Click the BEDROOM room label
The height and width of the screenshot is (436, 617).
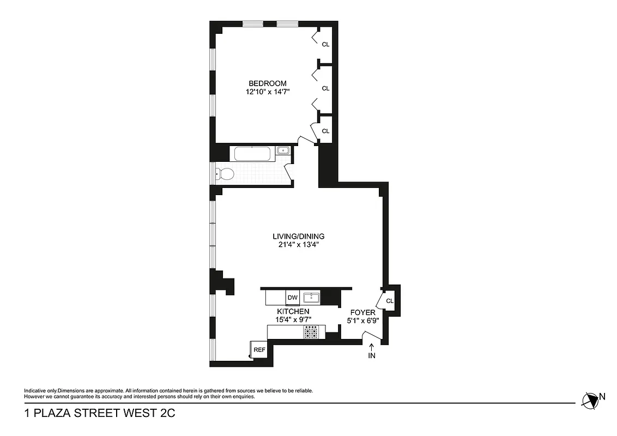[x=267, y=83]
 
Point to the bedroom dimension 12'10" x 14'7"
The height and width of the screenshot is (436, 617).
[x=267, y=92]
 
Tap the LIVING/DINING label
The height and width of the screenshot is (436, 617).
[x=299, y=237]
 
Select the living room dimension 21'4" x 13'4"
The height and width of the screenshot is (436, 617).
[x=299, y=245]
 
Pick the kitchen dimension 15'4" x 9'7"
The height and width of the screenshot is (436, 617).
[x=294, y=320]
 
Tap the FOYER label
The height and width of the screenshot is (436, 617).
[x=362, y=313]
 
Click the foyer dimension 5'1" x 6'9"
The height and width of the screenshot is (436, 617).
[x=362, y=321]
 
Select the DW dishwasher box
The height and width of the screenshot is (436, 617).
[x=293, y=298]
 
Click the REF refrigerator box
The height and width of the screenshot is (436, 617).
[x=259, y=350]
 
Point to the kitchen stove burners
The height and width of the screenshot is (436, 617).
[x=311, y=332]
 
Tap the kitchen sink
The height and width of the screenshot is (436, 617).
[x=312, y=298]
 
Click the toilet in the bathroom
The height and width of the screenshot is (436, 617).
[x=225, y=174]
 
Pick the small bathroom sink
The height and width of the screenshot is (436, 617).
[x=282, y=151]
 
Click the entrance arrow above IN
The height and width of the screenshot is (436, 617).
[x=372, y=347]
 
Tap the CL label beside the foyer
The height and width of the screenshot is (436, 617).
[x=390, y=301]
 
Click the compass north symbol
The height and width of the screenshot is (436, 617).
[x=590, y=401]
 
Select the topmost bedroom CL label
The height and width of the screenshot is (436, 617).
[x=325, y=45]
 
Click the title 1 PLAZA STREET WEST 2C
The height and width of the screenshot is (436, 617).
[x=100, y=414]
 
